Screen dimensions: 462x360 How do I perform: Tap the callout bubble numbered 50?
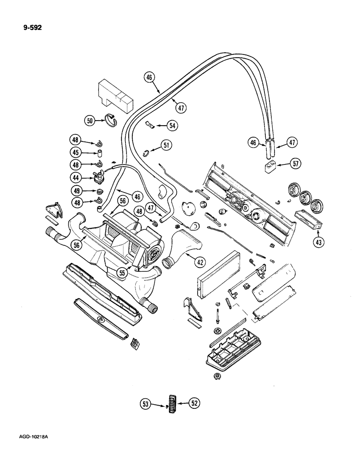[90, 121]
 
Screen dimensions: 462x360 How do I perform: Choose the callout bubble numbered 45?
[75, 153]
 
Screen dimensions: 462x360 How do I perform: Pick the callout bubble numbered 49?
[75, 190]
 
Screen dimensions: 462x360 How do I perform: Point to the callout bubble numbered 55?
[122, 273]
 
